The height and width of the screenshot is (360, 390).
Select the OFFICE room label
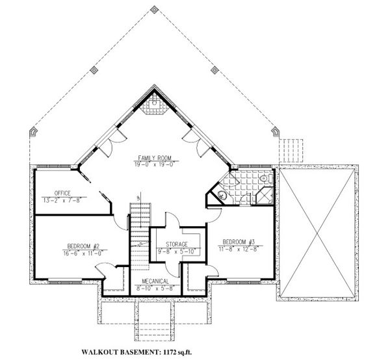[x=62, y=193]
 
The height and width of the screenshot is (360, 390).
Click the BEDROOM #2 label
[x=82, y=246]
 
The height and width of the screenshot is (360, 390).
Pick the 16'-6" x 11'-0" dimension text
[x=82, y=252]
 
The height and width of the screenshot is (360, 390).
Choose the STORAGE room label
[x=172, y=244]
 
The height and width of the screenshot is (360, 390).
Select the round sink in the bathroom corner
[x=221, y=194]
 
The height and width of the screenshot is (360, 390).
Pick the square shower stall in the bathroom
[x=264, y=196]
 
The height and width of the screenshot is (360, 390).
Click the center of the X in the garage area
[x=317, y=231]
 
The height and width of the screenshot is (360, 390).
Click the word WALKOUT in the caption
[x=102, y=353]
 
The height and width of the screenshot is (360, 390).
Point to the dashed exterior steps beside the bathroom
[x=291, y=148]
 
